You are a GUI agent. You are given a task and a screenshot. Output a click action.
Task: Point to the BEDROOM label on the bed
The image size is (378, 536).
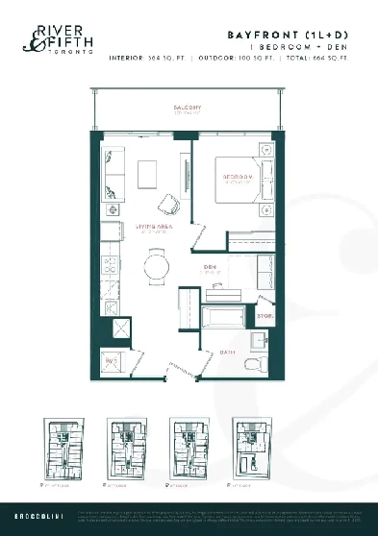pos(239,178)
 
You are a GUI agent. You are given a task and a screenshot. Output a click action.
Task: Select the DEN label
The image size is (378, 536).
pos(209,268)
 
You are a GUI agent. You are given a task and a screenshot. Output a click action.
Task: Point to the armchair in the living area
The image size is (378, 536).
pos(169,204)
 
